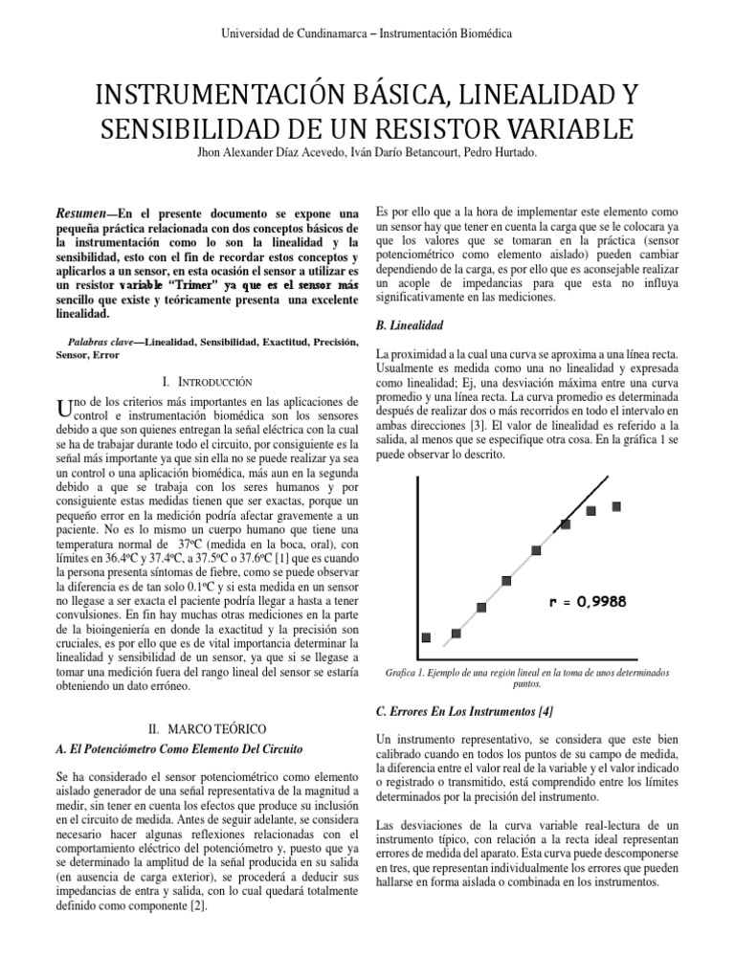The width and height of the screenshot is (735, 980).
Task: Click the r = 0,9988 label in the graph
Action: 588,602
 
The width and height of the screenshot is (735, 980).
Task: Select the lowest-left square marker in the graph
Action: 427,637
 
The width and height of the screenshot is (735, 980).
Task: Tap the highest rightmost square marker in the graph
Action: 616,505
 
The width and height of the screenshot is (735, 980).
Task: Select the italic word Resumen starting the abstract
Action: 80,212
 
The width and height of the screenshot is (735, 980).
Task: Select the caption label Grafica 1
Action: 402,673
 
